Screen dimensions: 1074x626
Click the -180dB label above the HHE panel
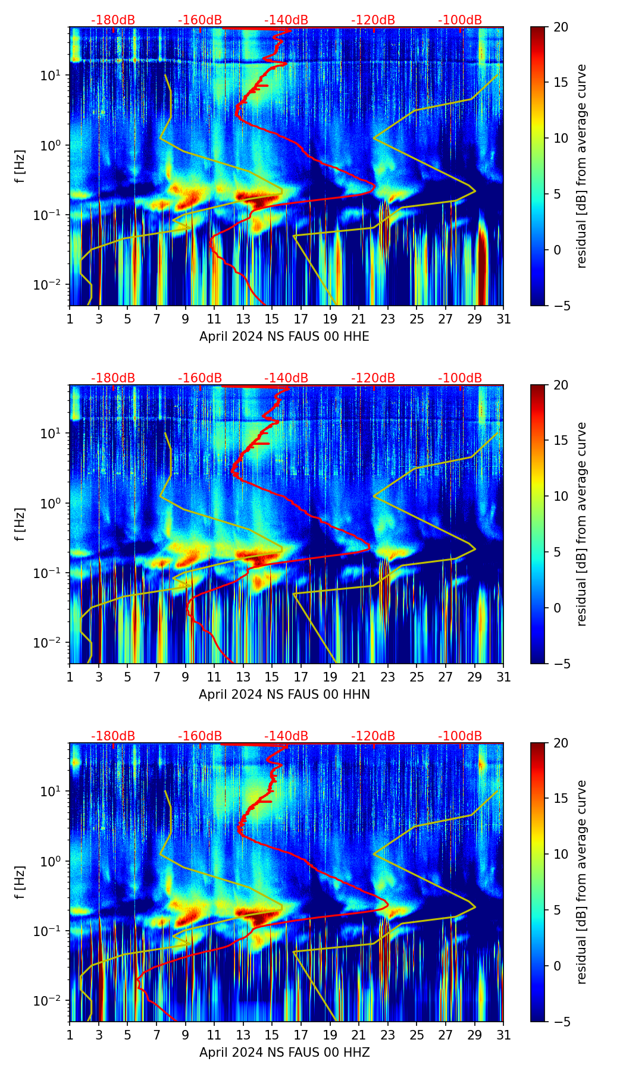click(x=113, y=20)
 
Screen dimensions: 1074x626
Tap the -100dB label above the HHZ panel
click(x=460, y=736)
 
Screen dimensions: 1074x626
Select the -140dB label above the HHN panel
click(x=286, y=378)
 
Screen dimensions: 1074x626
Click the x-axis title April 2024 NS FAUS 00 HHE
click(x=284, y=337)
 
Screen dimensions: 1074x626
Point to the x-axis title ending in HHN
click(x=284, y=695)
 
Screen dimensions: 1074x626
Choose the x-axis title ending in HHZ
click(x=284, y=1053)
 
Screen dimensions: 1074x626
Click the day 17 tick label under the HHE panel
click(x=301, y=319)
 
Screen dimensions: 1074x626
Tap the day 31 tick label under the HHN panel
click(x=503, y=677)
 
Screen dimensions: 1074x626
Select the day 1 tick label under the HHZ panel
click(x=70, y=1035)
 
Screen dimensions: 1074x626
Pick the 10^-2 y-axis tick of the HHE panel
click(x=52, y=285)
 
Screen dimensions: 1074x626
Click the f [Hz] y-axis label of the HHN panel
click(x=20, y=524)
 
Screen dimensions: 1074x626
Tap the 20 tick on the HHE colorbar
click(x=560, y=27)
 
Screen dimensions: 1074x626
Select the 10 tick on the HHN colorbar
click(x=560, y=496)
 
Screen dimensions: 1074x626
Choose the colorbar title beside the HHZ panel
click(x=581, y=882)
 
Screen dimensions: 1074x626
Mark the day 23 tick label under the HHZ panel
click(x=388, y=1035)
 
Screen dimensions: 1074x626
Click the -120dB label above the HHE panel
click(x=373, y=20)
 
